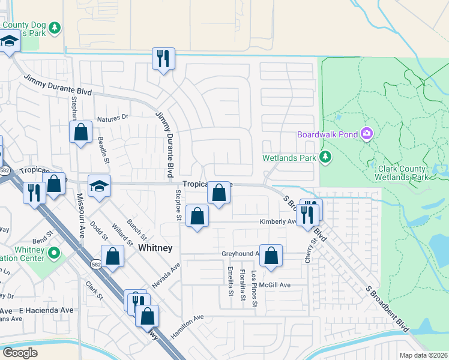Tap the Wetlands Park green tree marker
[325, 158]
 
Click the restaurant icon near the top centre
[163, 58]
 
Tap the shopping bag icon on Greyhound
[271, 254]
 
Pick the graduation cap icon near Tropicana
[100, 185]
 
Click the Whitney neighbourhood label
[155, 247]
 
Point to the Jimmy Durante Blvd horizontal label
[58, 85]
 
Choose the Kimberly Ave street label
[276, 221]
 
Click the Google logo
[20, 353]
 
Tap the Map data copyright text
[423, 355]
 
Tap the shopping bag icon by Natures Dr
[80, 132]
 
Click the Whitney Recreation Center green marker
[54, 253]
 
